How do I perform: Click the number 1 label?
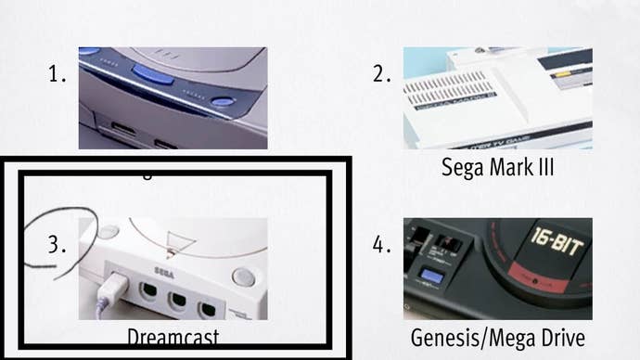coord(57,75)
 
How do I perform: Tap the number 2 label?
coord(381,75)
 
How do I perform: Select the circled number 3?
coord(58,246)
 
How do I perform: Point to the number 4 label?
coord(381,245)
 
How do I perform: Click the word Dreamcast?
coord(173,336)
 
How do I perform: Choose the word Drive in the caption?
coord(560,338)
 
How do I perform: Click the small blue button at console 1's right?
coord(223,103)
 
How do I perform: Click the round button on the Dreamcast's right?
coord(243,276)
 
